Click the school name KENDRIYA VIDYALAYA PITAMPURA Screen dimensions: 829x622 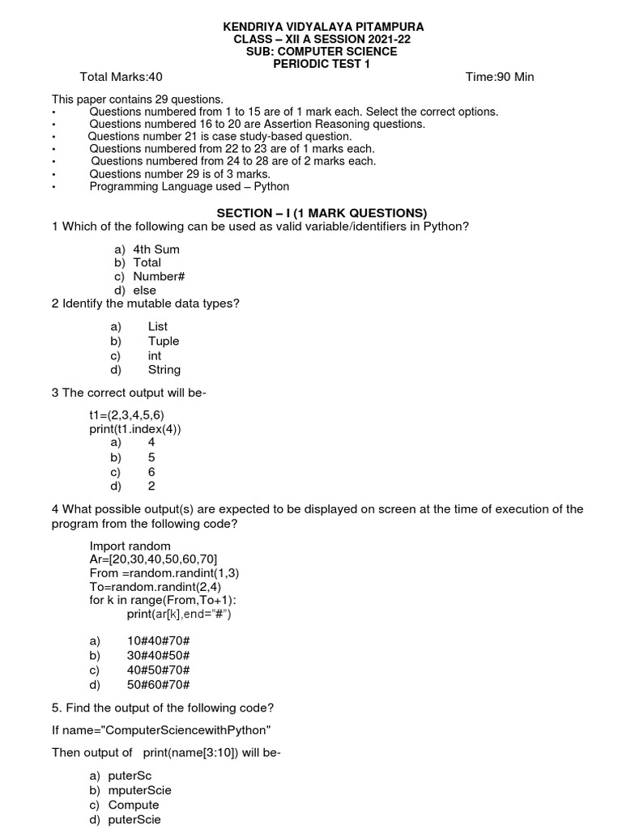pyautogui.click(x=323, y=28)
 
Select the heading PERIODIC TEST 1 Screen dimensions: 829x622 pyautogui.click(x=322, y=64)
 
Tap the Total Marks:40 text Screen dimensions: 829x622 pyautogui.click(x=121, y=77)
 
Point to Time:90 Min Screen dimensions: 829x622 pyautogui.click(x=500, y=77)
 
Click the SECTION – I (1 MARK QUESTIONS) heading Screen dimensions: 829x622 pyautogui.click(x=322, y=213)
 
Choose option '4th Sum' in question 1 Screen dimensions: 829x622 pyautogui.click(x=156, y=249)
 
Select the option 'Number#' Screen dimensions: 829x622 pyautogui.click(x=160, y=276)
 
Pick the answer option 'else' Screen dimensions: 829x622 pyautogui.click(x=145, y=290)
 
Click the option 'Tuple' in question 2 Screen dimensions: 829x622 pyautogui.click(x=164, y=341)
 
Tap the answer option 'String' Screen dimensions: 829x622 pyautogui.click(x=164, y=369)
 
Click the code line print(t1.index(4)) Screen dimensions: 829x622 pyautogui.click(x=135, y=428)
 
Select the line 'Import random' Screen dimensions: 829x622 pyautogui.click(x=130, y=546)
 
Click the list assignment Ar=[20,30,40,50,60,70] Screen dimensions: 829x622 pyautogui.click(x=153, y=559)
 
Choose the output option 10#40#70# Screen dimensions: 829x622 pyautogui.click(x=158, y=640)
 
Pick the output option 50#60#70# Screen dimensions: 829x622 pyautogui.click(x=158, y=684)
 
